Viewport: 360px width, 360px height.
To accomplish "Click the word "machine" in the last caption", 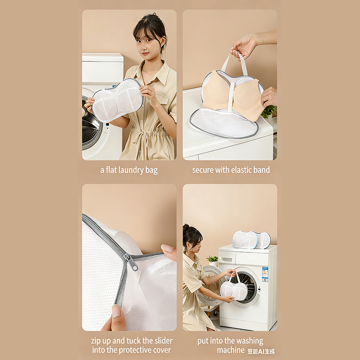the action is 231,350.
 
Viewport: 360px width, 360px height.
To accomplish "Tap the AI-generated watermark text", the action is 261,351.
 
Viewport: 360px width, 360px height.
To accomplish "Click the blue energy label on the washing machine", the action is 265,274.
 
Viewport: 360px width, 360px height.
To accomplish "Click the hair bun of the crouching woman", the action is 185,228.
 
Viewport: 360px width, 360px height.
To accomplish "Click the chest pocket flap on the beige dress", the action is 162,98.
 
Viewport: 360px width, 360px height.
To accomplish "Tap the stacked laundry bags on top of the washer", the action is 252,240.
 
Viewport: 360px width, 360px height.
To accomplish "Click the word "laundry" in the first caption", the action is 130,171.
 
